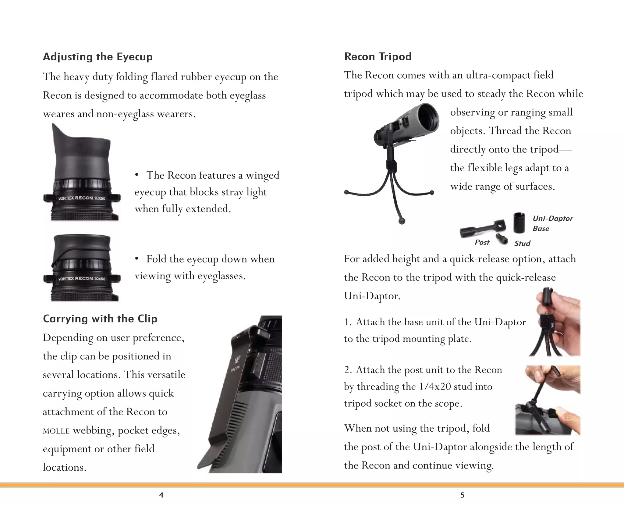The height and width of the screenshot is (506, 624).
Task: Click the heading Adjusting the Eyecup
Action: pos(97,57)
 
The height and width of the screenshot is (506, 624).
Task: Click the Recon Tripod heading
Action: pos(378,57)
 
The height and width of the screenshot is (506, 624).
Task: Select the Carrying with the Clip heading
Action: pos(100,319)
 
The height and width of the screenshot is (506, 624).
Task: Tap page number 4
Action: pos(161,495)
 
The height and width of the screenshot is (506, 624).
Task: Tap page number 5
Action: pos(462,495)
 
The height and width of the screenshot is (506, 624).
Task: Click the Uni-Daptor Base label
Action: pos(552,223)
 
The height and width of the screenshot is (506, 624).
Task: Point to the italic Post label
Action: pos(482,242)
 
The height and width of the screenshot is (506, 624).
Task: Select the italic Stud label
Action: pos(522,244)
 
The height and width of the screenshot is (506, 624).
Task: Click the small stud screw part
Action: pos(502,239)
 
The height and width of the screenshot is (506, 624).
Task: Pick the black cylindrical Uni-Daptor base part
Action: pos(519,223)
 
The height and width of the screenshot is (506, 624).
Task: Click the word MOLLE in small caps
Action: pos(56,431)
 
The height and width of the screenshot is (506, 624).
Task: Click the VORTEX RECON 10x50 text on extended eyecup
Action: pos(82,198)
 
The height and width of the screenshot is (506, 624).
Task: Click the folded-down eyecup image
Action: pos(82,268)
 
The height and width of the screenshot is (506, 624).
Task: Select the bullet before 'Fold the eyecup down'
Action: pos(137,259)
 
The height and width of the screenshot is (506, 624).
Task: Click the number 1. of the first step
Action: pos(348,322)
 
